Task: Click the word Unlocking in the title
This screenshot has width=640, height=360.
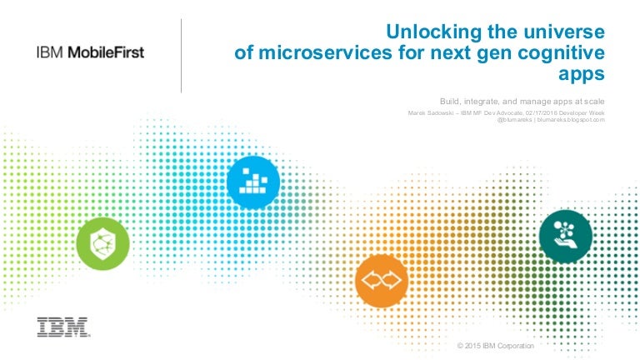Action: tap(434, 32)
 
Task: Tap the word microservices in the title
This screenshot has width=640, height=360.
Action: tap(325, 53)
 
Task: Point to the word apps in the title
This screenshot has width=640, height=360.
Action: tap(581, 75)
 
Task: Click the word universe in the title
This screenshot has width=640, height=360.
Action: tap(564, 32)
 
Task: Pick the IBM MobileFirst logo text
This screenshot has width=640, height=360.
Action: tap(90, 52)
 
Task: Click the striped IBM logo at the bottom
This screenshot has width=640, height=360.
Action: tap(63, 327)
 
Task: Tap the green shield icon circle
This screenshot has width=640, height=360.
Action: tap(102, 243)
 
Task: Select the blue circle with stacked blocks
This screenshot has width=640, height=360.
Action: tap(253, 182)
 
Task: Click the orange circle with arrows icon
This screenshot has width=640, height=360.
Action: tap(382, 281)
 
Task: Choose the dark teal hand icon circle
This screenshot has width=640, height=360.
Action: tap(566, 237)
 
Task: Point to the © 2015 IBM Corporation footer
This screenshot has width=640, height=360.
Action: tap(496, 346)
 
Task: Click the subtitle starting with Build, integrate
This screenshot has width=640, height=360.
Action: tap(522, 101)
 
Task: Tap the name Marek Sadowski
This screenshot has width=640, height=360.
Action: tap(430, 112)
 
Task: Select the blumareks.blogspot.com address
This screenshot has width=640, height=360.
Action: tap(571, 120)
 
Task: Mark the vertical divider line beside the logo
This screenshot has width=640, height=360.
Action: tap(181, 56)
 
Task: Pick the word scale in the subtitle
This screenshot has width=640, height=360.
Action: tap(594, 101)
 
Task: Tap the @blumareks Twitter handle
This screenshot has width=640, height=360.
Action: tap(514, 120)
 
